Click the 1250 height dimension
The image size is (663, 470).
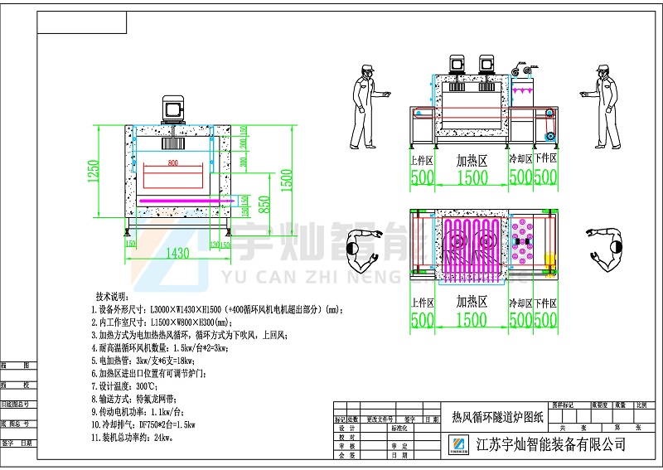[x=95, y=172]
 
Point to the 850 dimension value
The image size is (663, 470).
[x=264, y=202]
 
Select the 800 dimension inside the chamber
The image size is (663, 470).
[x=172, y=163]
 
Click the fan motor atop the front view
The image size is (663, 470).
[x=174, y=109]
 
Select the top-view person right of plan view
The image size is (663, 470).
[x=607, y=251]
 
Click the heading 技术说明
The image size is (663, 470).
[x=113, y=296]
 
